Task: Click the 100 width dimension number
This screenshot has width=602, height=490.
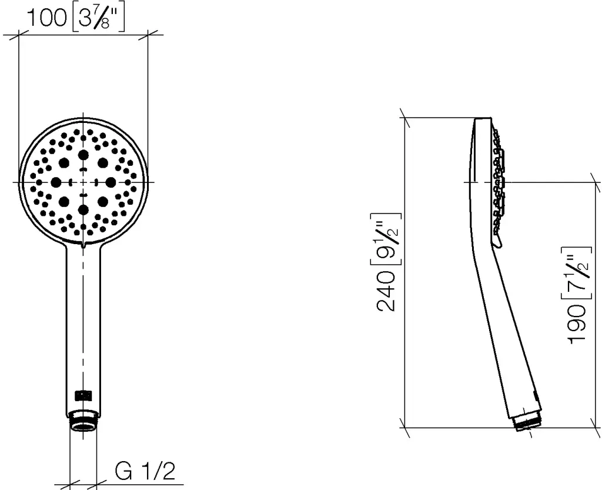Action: click(46, 18)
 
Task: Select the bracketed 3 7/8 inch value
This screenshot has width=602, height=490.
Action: click(98, 18)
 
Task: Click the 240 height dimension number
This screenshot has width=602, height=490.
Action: click(386, 291)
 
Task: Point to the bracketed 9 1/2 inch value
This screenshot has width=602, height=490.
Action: click(386, 239)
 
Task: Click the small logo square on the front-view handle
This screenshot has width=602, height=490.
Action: click(83, 395)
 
